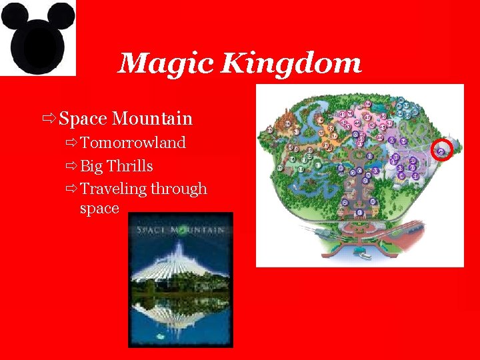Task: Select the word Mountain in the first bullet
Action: [153, 119]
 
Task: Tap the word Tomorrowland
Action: [133, 143]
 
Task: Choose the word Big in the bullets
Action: [91, 165]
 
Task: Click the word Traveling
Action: [113, 189]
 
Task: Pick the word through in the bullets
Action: [179, 189]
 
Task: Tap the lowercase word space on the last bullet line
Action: [99, 208]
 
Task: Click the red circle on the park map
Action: [442, 151]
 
